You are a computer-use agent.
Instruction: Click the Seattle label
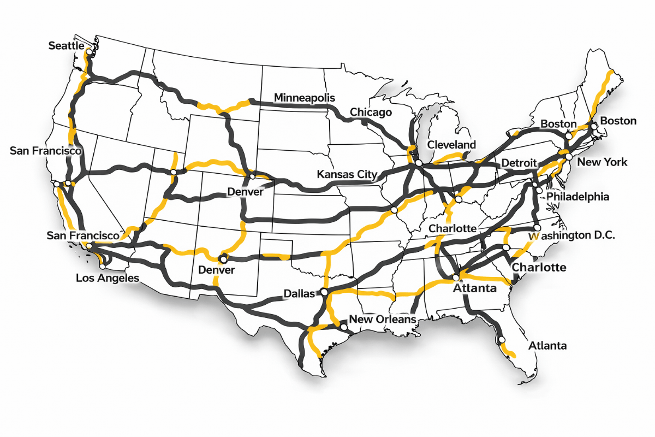[x=66, y=46]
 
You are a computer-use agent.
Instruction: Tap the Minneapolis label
[x=305, y=98]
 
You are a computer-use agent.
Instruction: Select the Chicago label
[x=371, y=113]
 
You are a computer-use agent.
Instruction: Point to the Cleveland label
[x=451, y=145]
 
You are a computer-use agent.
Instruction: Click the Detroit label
[x=519, y=163]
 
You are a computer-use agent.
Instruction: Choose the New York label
[x=602, y=162]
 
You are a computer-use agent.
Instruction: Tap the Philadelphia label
[x=577, y=197]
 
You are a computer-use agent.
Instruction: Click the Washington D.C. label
[x=573, y=236]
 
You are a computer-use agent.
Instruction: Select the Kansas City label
[x=347, y=175]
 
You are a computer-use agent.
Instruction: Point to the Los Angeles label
[x=107, y=278]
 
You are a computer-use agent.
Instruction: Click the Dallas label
[x=299, y=294]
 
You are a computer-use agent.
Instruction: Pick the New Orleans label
[x=383, y=319]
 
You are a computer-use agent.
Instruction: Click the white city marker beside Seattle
[x=88, y=51]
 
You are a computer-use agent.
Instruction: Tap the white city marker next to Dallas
[x=324, y=293]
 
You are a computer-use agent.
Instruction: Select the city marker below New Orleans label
[x=344, y=327]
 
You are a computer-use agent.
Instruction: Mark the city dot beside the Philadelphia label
[x=539, y=191]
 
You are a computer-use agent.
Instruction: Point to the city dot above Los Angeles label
[x=102, y=267]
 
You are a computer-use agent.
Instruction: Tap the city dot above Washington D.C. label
[x=537, y=228]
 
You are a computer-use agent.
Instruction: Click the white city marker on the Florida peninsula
[x=501, y=341]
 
